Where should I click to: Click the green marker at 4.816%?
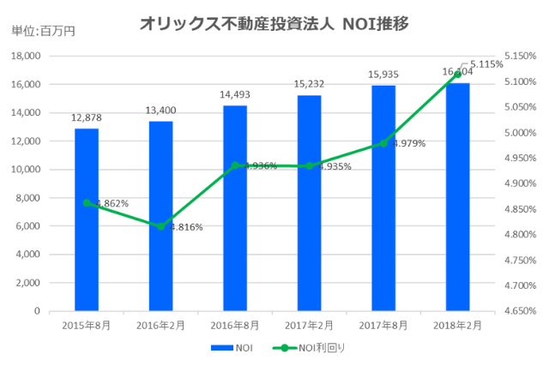click(x=160, y=226)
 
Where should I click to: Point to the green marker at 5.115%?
click(x=457, y=74)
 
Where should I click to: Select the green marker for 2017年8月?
click(x=383, y=144)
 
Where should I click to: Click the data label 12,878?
click(x=87, y=117)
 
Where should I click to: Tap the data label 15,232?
click(x=309, y=84)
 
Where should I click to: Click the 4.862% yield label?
click(x=112, y=204)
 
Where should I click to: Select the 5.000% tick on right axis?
click(x=518, y=133)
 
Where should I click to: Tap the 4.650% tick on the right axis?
click(x=518, y=311)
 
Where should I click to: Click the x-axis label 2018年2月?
click(x=457, y=326)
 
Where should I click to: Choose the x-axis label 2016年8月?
click(x=235, y=326)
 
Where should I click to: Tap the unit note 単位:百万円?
click(x=43, y=32)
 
